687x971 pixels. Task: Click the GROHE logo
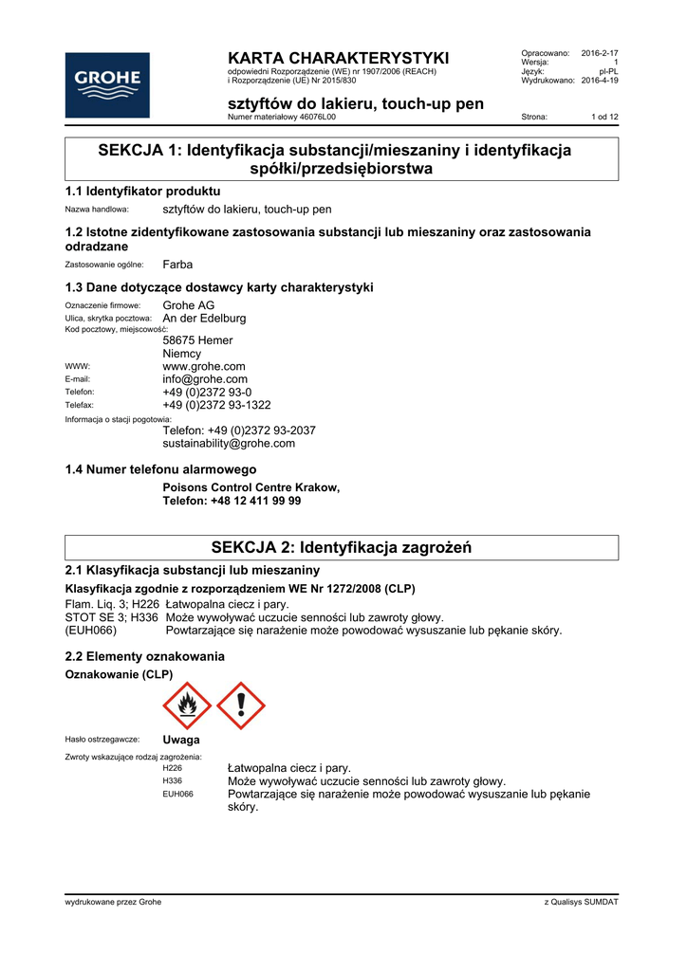click(x=107, y=83)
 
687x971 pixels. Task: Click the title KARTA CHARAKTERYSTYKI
click(x=339, y=58)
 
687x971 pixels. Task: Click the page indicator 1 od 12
click(x=604, y=117)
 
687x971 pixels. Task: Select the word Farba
click(x=177, y=264)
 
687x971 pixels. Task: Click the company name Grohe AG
click(x=189, y=305)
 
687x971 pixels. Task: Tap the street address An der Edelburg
click(x=204, y=319)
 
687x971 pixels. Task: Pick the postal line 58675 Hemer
click(x=197, y=339)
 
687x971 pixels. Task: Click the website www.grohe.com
click(x=204, y=366)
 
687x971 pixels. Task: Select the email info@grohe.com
click(x=205, y=379)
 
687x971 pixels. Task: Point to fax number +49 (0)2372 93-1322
click(x=216, y=405)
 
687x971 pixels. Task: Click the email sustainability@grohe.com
click(x=229, y=443)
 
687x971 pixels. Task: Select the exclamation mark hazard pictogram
click(x=241, y=705)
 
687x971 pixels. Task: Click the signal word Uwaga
click(x=181, y=740)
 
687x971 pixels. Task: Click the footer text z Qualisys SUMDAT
click(x=581, y=902)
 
